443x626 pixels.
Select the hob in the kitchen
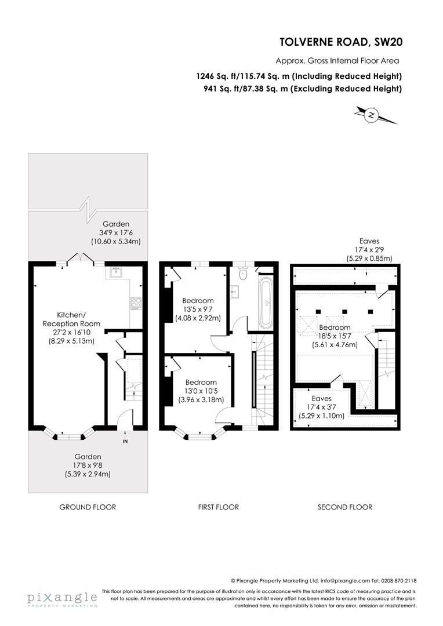coord(136,303)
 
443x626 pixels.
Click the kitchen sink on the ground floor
coord(117,271)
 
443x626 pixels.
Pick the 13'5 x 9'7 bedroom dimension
coord(198,310)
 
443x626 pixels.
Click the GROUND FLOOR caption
coord(88,507)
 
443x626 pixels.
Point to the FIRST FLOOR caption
coord(218,507)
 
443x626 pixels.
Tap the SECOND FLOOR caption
coord(344,507)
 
